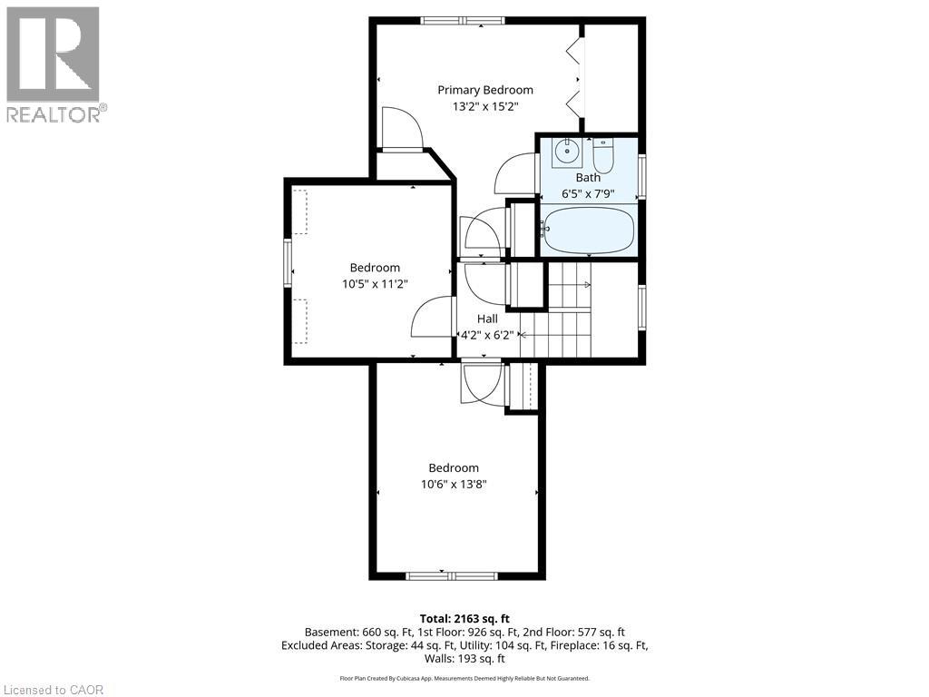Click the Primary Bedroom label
[x=484, y=90]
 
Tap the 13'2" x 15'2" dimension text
[x=484, y=106]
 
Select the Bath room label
[x=588, y=178]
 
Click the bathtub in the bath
[x=588, y=231]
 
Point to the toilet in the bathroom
[x=603, y=155]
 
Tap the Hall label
[x=487, y=319]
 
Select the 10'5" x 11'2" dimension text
[x=375, y=283]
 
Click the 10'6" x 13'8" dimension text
[x=454, y=485]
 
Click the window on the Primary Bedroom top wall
[x=463, y=20]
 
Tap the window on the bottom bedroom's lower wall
[x=451, y=575]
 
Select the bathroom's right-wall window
[x=641, y=177]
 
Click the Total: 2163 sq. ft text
[x=464, y=618]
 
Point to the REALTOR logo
[x=54, y=64]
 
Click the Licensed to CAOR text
[x=54, y=690]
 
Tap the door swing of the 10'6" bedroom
[x=481, y=383]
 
